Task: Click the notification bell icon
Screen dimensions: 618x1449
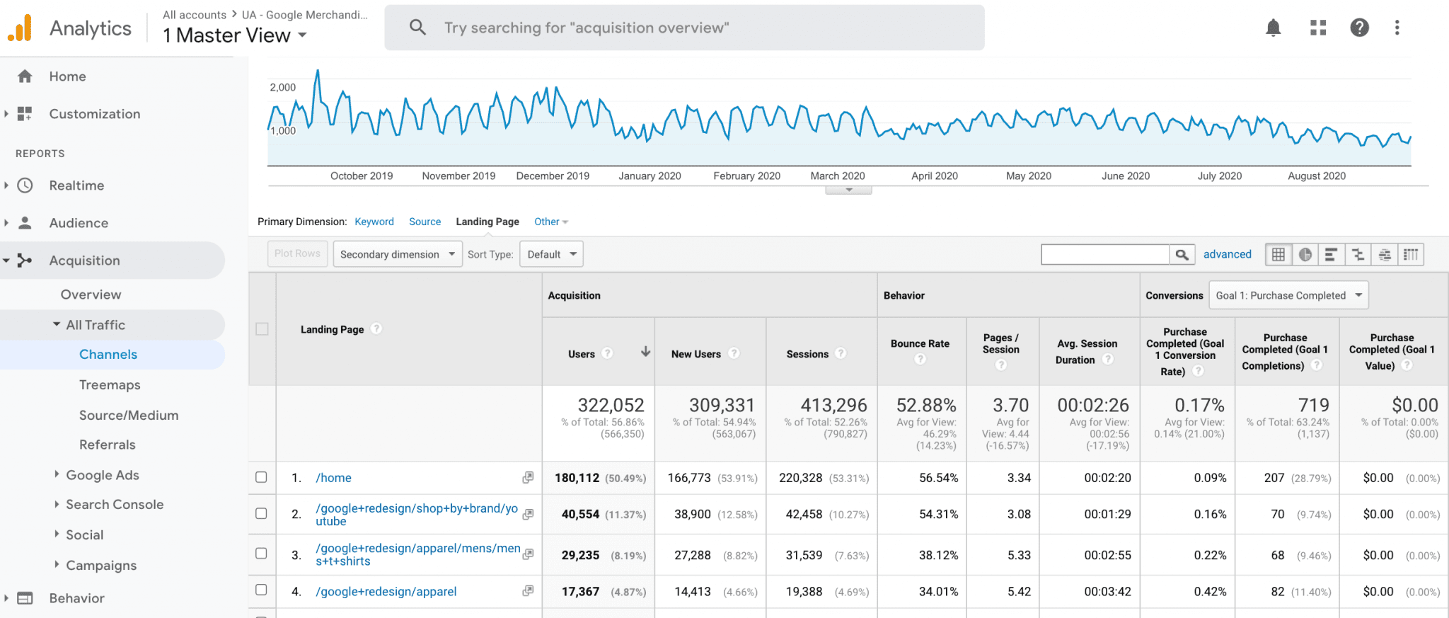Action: pos(1273,28)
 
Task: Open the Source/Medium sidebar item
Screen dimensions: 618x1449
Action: pos(128,416)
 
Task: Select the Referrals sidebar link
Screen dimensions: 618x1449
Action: pos(107,445)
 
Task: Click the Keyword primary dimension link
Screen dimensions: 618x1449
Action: pos(374,222)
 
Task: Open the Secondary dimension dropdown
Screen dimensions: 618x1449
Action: pos(397,254)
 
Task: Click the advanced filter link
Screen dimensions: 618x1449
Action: pos(1227,254)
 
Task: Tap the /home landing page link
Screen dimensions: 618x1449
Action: pos(333,478)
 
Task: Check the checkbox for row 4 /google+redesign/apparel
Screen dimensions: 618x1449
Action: pos(261,590)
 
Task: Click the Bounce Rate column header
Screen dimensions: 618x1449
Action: pos(920,344)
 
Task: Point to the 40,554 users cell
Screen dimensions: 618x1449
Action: pos(580,515)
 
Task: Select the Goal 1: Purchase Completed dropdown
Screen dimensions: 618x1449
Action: pos(1288,295)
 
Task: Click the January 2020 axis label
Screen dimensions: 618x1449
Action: pos(650,176)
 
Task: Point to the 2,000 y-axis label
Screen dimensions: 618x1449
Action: pos(282,87)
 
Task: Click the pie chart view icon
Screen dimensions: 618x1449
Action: pos(1305,254)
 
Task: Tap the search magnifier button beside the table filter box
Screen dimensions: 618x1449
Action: pos(1182,254)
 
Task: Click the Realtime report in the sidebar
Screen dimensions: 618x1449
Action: pos(76,185)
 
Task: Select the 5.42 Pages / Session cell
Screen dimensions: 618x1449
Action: pos(1019,592)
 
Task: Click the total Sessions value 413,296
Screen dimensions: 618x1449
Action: pos(833,405)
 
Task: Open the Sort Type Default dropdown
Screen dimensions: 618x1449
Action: pos(551,254)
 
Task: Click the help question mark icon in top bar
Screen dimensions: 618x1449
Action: pos(1359,28)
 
